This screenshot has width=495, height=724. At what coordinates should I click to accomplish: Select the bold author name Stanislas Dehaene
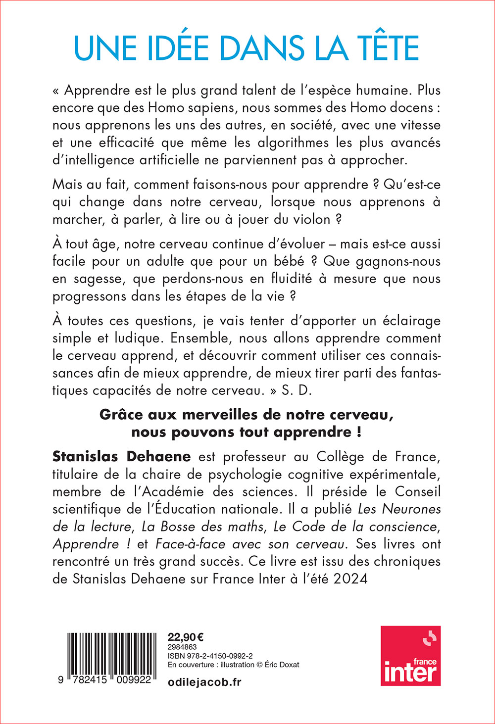pos(121,456)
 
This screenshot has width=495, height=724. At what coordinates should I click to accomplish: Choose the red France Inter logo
pos(410,656)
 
